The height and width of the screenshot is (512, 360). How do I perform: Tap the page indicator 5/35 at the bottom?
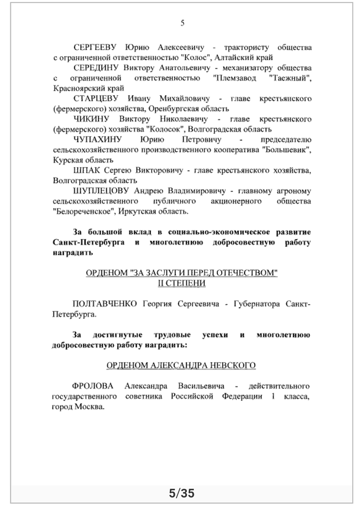coord(182,494)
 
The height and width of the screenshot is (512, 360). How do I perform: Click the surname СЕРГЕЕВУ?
coord(96,47)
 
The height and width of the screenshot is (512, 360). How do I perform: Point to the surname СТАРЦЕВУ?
coord(96,98)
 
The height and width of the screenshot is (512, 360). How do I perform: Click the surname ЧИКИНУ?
coord(89,119)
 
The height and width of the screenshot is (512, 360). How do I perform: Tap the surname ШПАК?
coord(85,170)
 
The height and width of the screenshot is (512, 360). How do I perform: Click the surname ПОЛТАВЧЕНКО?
coord(105,304)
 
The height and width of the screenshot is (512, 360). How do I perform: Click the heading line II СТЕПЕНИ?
coord(182,283)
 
